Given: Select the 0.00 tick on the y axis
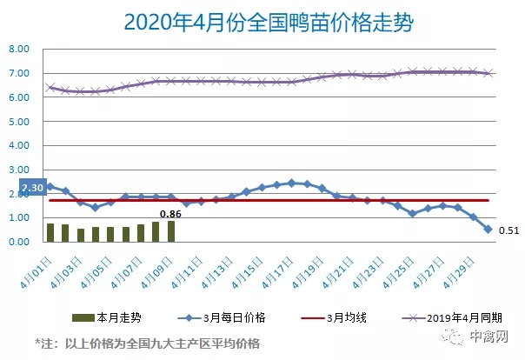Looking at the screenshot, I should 20,243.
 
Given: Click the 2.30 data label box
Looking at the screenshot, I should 31,187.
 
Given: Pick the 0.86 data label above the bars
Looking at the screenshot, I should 170,213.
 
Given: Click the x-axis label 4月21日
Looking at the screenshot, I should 342,261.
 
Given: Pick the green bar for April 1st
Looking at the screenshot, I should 50,233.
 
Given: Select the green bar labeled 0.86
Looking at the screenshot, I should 171,231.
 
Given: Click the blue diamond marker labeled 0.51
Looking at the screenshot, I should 488,230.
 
